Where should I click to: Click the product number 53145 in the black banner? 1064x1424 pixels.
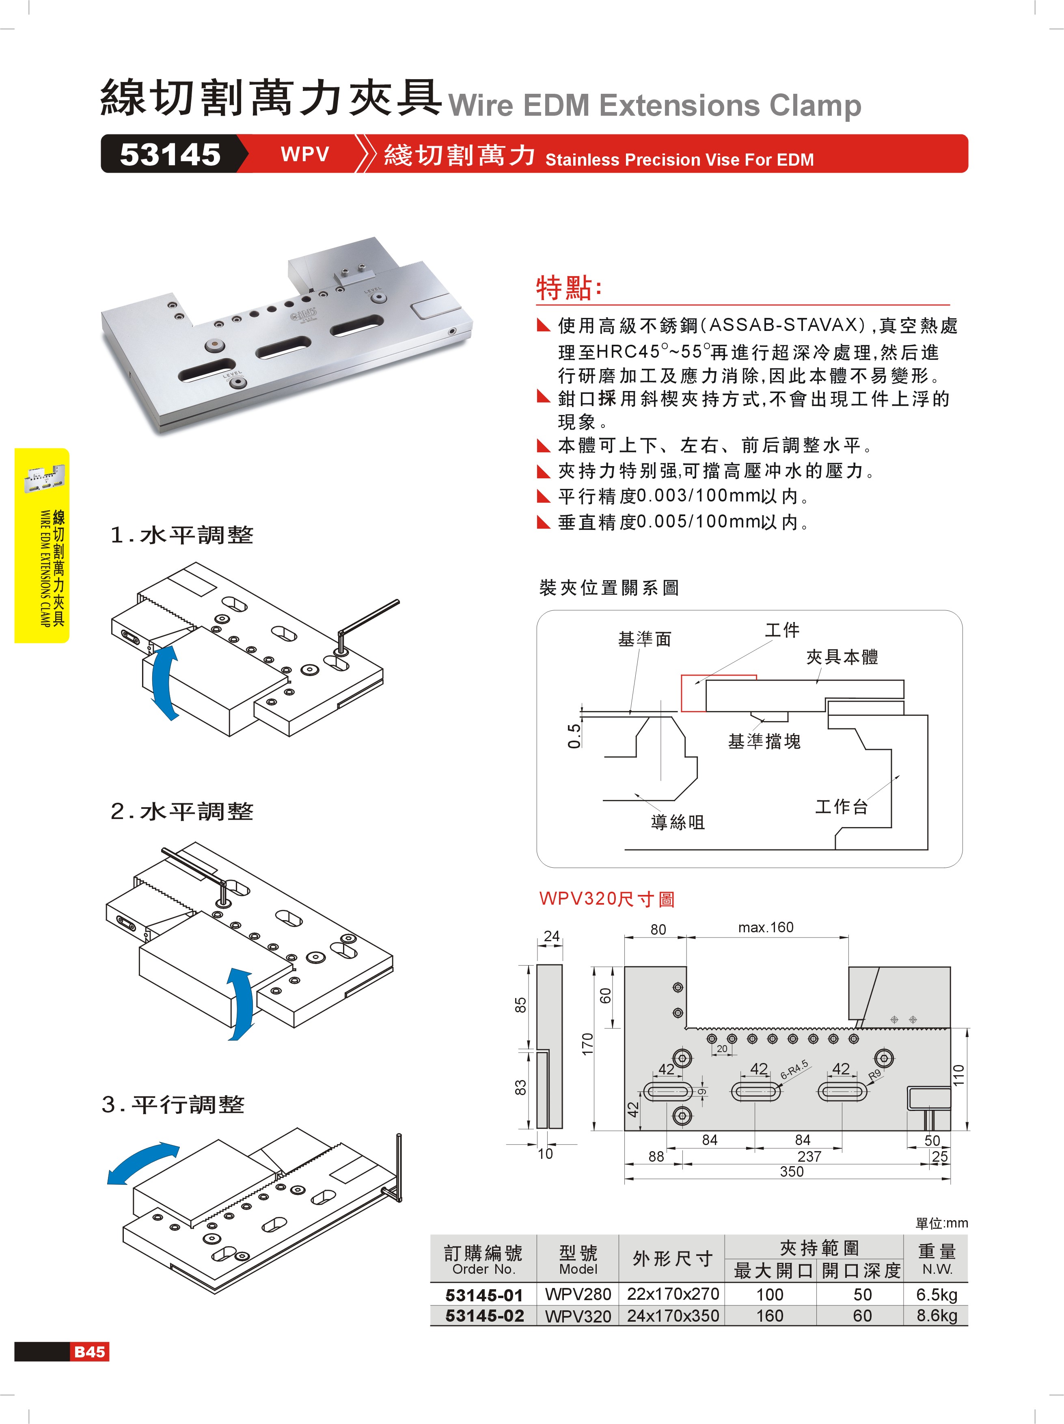[170, 155]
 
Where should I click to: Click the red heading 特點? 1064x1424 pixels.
[569, 288]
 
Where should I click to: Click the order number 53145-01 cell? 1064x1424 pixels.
[484, 1294]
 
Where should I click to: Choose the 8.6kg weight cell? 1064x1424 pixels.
[937, 1315]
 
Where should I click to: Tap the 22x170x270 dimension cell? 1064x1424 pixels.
[673, 1294]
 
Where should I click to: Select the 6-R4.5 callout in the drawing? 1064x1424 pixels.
[794, 1070]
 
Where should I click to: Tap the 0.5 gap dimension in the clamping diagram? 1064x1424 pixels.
[574, 735]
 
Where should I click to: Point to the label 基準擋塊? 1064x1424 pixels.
[764, 741]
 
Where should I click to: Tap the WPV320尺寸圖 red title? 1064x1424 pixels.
[606, 899]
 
